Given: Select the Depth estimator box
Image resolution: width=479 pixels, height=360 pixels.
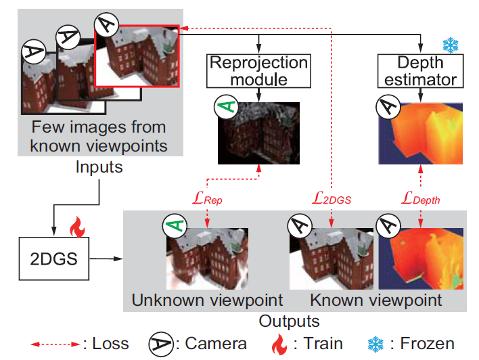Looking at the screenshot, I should (419, 71).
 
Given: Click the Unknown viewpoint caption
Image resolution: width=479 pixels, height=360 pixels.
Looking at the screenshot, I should (207, 299).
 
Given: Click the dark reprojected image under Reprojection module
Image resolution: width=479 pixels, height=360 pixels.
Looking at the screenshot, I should (258, 133).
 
